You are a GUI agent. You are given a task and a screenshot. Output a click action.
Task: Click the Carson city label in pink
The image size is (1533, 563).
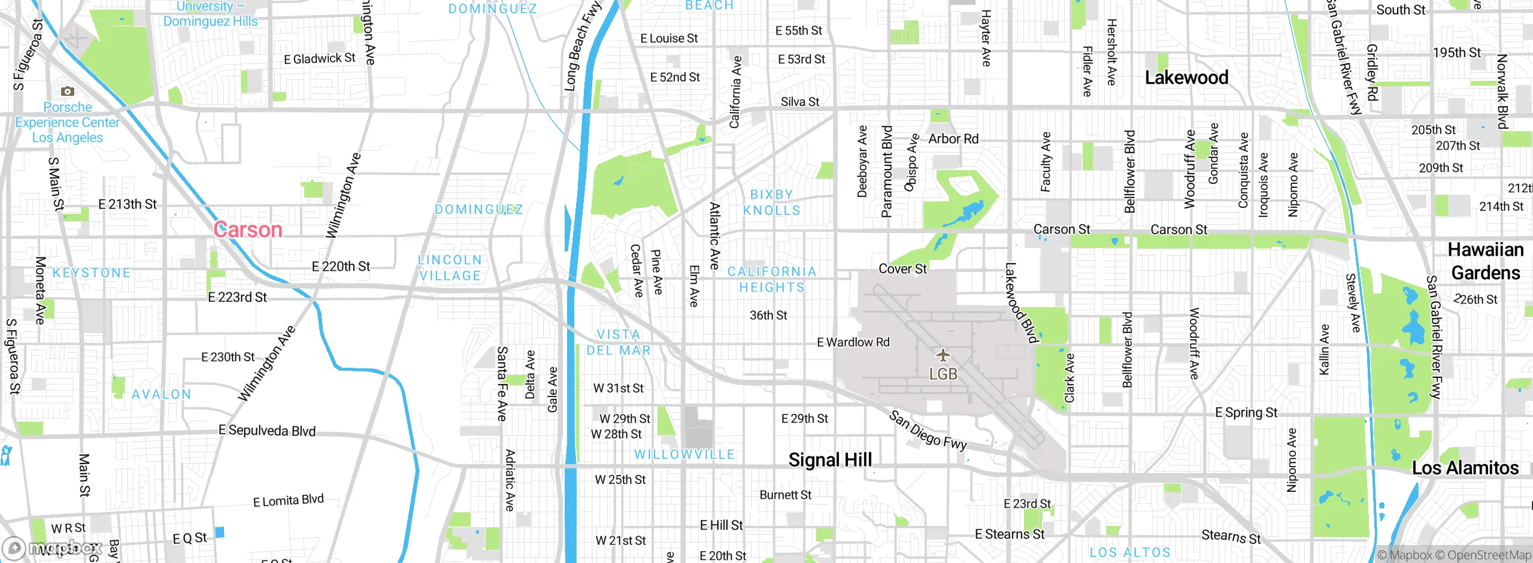pyautogui.click(x=248, y=230)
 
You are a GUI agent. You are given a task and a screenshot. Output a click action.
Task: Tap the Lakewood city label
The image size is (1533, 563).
pyautogui.click(x=1186, y=77)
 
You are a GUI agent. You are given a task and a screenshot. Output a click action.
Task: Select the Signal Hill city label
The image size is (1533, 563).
pyautogui.click(x=830, y=460)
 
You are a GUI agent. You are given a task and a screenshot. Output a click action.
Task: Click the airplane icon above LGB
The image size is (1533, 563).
pyautogui.click(x=943, y=355)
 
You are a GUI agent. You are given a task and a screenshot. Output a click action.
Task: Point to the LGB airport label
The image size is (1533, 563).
pyautogui.click(x=943, y=374)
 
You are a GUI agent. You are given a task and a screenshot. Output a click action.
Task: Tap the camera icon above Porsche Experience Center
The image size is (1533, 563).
pyautogui.click(x=68, y=91)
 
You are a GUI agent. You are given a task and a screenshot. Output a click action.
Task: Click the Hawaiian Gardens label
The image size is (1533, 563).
pyautogui.click(x=1485, y=261)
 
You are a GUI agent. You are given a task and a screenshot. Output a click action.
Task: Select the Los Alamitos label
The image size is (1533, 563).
pyautogui.click(x=1465, y=468)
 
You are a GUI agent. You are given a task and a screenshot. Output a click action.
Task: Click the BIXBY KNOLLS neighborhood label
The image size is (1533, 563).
pyautogui.click(x=771, y=202)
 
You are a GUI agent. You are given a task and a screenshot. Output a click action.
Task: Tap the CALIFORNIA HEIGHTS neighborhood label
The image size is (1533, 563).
pyautogui.click(x=772, y=280)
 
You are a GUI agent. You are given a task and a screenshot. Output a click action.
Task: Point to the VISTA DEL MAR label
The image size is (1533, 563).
pyautogui.click(x=619, y=343)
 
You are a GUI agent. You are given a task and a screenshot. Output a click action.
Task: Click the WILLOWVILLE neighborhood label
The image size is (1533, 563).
pyautogui.click(x=684, y=455)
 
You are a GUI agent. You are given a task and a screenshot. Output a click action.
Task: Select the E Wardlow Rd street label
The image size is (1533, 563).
pyautogui.click(x=853, y=343)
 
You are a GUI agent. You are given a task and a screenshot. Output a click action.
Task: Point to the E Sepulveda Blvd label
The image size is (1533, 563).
pyautogui.click(x=267, y=431)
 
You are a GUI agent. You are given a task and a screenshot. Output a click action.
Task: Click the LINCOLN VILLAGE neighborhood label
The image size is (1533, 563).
pyautogui.click(x=450, y=268)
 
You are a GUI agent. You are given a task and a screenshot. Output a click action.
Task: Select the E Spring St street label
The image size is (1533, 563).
pyautogui.click(x=1246, y=413)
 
